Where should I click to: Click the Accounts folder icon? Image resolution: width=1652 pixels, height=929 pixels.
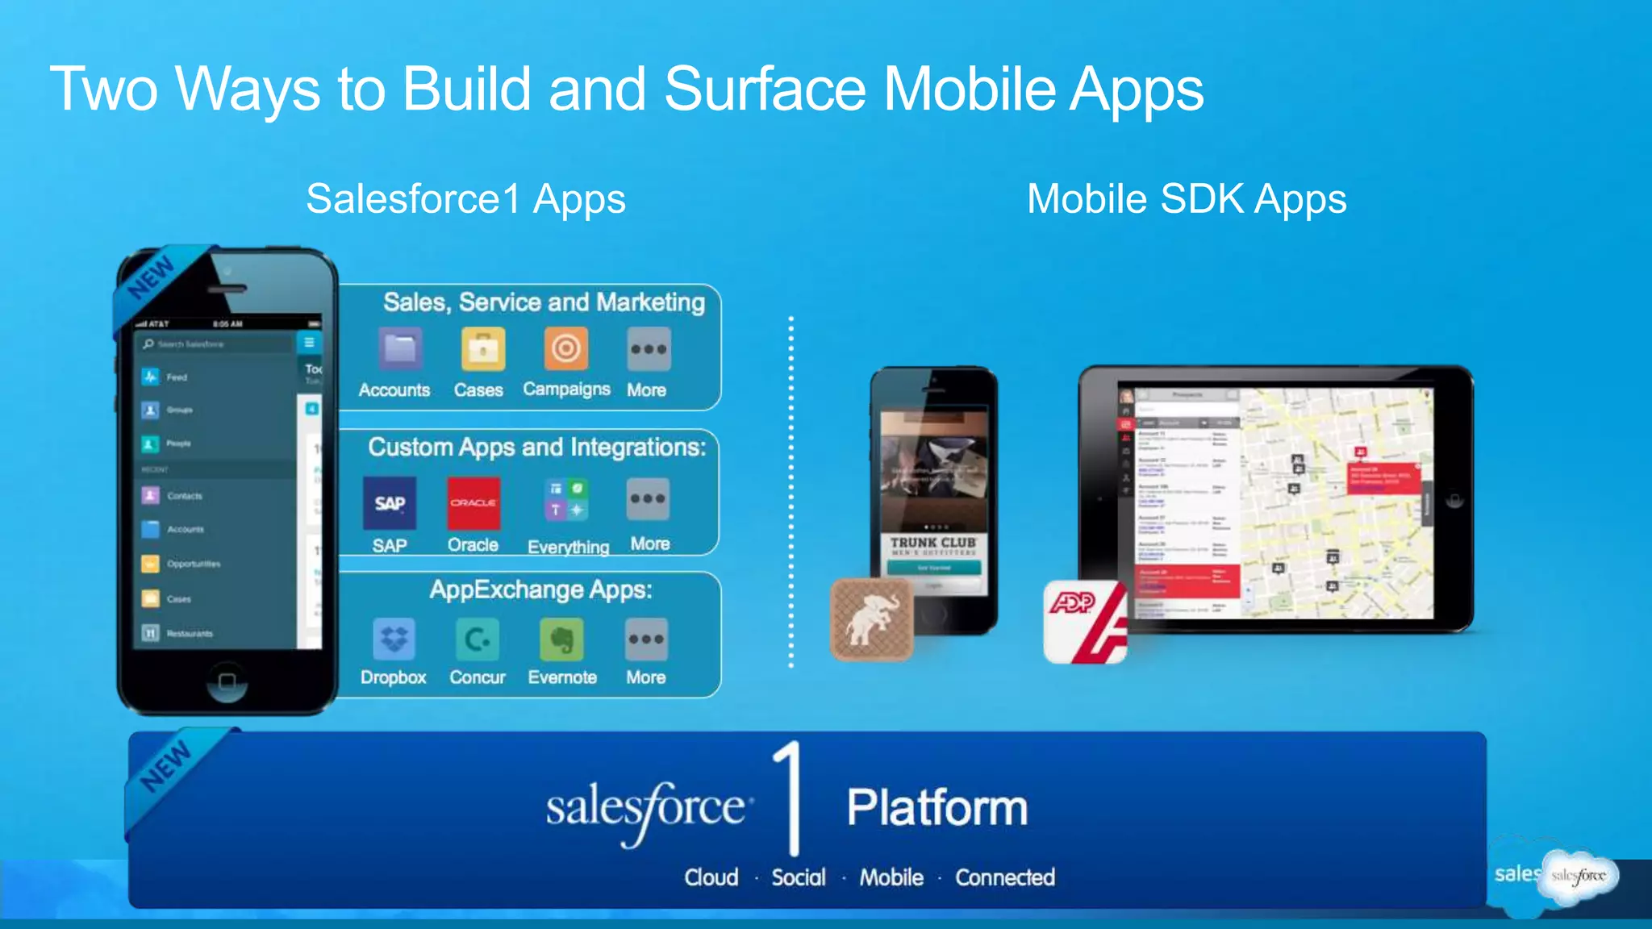(400, 349)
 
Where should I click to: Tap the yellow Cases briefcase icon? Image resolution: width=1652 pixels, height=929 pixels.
(483, 349)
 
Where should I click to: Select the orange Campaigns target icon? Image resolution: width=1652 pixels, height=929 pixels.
(565, 348)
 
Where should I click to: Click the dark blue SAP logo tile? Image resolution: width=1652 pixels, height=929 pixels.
(390, 502)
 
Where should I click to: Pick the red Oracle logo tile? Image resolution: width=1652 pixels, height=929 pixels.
(473, 502)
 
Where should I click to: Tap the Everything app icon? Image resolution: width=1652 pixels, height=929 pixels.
(566, 500)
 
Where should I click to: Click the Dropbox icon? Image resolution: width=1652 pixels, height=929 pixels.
(394, 639)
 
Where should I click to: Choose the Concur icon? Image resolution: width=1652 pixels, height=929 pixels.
(477, 639)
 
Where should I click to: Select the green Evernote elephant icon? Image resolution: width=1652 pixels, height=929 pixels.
(561, 639)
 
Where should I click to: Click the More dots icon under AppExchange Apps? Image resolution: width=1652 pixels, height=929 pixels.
(646, 639)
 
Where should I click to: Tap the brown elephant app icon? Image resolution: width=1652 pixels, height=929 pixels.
(871, 619)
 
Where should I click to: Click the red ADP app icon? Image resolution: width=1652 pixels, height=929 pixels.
(1085, 621)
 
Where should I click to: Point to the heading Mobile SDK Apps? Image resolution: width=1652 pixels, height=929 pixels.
(1187, 199)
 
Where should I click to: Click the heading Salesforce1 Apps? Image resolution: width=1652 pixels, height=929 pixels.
(465, 199)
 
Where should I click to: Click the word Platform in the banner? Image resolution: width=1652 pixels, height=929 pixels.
(937, 807)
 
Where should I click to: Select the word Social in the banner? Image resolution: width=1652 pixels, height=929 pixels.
(799, 877)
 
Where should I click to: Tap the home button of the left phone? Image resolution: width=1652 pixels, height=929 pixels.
(227, 681)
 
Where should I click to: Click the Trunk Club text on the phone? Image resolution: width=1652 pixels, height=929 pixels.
(933, 543)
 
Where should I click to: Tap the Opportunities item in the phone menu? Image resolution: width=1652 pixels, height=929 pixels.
(193, 564)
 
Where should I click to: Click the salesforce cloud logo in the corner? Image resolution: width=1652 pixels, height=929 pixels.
(1578, 876)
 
